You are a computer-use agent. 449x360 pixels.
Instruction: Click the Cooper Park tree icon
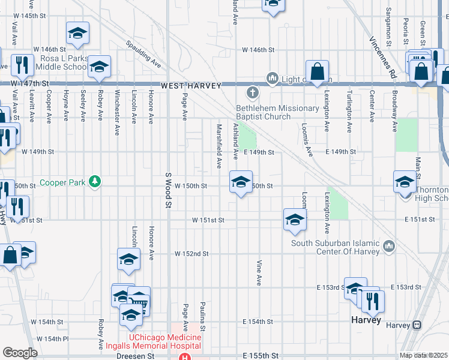(94, 181)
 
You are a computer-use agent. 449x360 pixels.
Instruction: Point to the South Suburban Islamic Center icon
(389, 246)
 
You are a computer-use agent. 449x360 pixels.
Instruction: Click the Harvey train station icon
(417, 325)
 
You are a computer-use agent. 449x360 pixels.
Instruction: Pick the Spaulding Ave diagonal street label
(144, 53)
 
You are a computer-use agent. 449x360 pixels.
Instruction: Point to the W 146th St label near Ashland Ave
(258, 50)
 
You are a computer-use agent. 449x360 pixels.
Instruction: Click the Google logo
(20, 353)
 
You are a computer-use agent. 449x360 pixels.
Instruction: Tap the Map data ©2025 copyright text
(424, 355)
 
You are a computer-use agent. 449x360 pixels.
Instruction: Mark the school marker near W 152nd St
(128, 260)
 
